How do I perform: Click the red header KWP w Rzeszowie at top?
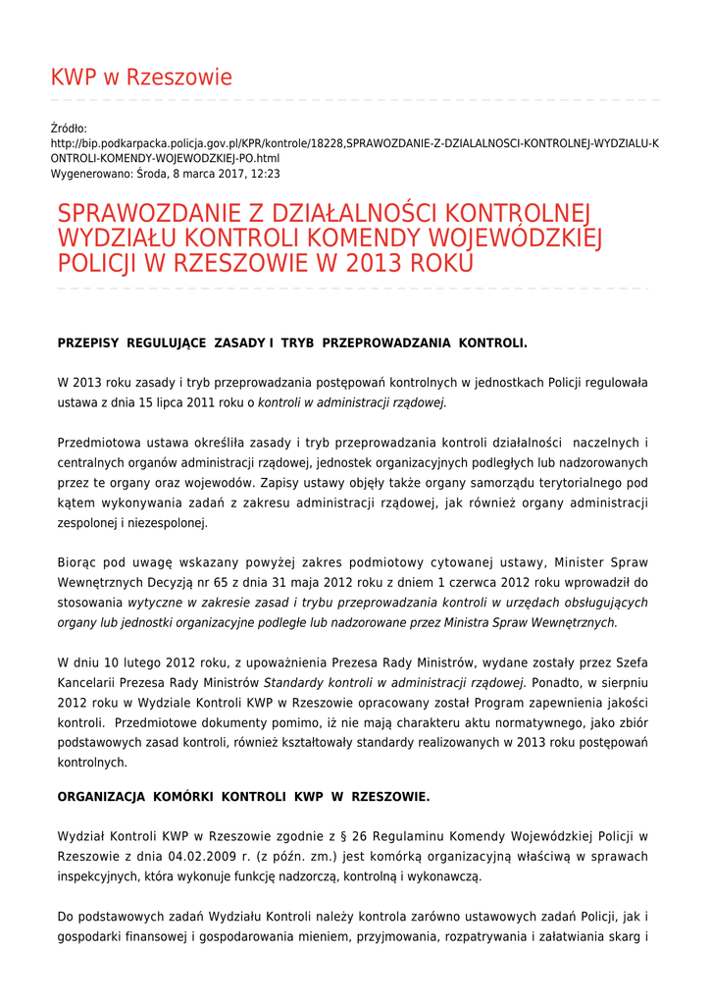point(141,78)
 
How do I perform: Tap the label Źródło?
point(69,129)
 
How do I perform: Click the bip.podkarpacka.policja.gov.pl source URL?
point(354,143)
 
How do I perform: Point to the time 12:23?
point(265,174)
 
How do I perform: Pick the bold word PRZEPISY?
point(88,343)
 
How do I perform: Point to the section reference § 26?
point(366,836)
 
